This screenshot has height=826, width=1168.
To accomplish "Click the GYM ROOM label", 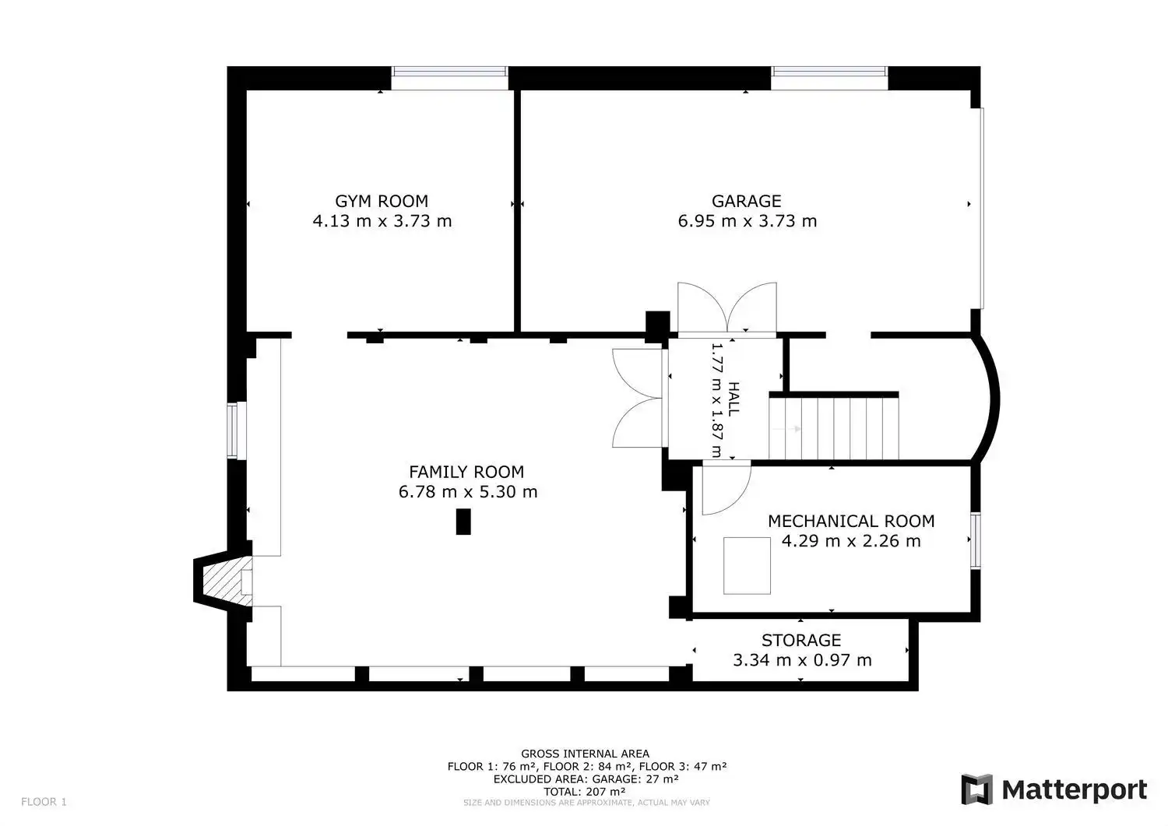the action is point(382,201).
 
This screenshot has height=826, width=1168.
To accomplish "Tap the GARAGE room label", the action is point(746,201).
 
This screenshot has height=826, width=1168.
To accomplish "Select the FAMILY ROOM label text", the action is point(466,472).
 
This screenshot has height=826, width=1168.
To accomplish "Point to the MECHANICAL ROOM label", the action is point(851,521).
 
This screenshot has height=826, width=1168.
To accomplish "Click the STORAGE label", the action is point(801,640).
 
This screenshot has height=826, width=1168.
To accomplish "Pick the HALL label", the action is point(734,399).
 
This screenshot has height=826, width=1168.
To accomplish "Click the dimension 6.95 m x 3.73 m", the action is point(748,221).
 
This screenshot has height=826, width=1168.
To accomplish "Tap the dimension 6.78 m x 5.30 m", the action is point(468,492).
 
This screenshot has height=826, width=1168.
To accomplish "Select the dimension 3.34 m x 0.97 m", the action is point(802,660).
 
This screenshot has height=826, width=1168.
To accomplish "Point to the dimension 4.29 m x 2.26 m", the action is point(851,541).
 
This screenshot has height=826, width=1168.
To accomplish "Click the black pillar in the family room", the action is point(463,522).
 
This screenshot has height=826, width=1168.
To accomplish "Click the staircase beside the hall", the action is point(834,428).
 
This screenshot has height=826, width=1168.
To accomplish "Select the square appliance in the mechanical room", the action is point(747,566).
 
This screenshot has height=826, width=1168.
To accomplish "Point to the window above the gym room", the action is point(449,78).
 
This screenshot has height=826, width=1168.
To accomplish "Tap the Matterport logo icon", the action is point(976,789).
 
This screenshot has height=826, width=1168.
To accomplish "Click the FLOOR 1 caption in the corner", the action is point(44,802).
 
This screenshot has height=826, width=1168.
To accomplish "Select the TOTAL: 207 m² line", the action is point(585,792).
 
